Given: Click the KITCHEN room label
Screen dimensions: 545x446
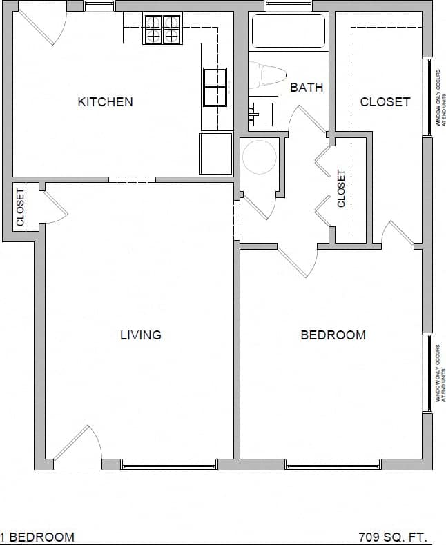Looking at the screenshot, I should pyautogui.click(x=105, y=102).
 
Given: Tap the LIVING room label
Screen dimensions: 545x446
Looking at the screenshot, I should pyautogui.click(x=141, y=335).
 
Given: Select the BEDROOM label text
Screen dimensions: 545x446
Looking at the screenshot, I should pyautogui.click(x=333, y=335).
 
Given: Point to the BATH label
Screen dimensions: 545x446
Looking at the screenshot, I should pyautogui.click(x=307, y=88).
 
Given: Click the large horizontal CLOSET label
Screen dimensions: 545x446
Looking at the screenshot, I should pyautogui.click(x=385, y=102).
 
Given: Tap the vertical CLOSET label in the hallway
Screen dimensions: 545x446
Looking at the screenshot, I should pyautogui.click(x=341, y=189).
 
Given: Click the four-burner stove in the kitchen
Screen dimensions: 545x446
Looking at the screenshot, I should pyautogui.click(x=162, y=30).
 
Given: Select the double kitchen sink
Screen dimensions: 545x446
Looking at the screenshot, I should pyautogui.click(x=215, y=86).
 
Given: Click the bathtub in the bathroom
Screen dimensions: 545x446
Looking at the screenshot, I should pyautogui.click(x=288, y=31).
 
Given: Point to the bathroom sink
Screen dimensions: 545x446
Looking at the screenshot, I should pyautogui.click(x=262, y=112).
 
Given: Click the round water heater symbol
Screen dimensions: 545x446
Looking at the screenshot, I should pyautogui.click(x=259, y=157).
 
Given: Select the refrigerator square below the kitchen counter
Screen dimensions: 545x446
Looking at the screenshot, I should pyautogui.click(x=215, y=153).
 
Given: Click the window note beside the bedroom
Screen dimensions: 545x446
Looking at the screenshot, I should pyautogui.click(x=438, y=373).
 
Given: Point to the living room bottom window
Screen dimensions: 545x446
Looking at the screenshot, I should pyautogui.click(x=169, y=464).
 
